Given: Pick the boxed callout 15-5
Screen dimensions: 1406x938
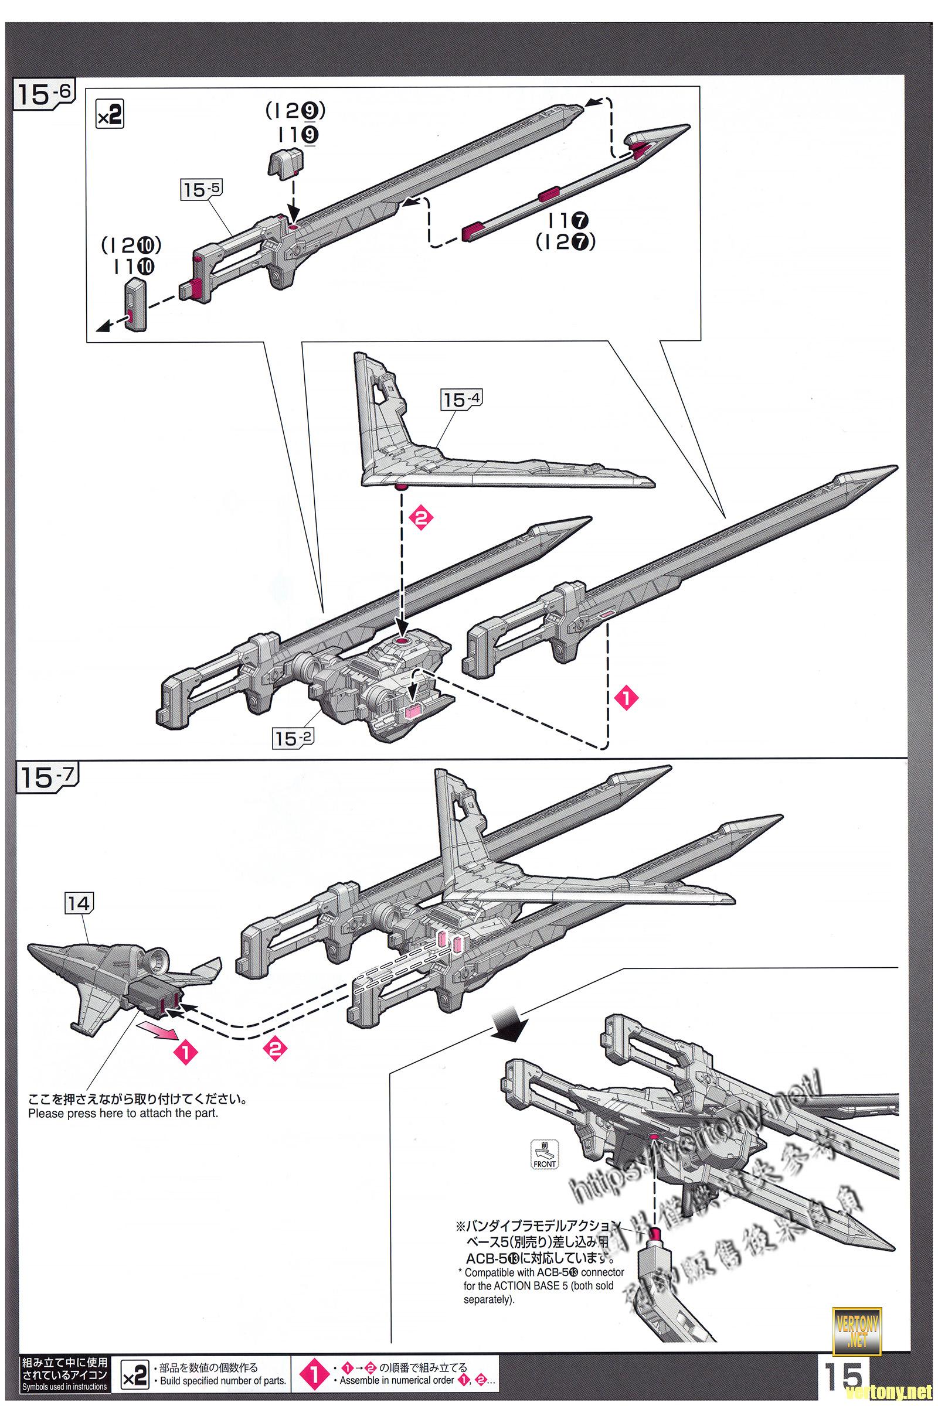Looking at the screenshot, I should coord(202,189).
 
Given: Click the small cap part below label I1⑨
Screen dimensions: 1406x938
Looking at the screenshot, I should coord(286,163).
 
